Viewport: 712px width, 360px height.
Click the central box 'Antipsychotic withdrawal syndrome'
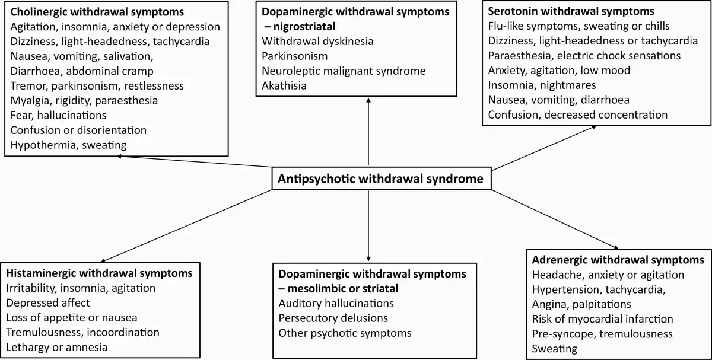[380, 178]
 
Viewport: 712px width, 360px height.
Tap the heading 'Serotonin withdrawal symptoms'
[571, 11]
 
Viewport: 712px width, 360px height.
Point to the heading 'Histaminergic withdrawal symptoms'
[99, 273]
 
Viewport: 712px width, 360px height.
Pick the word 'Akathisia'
[285, 86]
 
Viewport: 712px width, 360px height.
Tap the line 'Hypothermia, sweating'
[68, 145]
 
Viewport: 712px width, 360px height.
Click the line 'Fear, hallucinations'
[59, 115]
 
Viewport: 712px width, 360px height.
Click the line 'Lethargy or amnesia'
[57, 347]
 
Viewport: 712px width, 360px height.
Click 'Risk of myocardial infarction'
[602, 319]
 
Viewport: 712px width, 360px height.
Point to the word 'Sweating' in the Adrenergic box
[555, 349]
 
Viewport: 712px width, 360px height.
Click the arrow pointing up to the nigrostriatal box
[368, 130]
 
